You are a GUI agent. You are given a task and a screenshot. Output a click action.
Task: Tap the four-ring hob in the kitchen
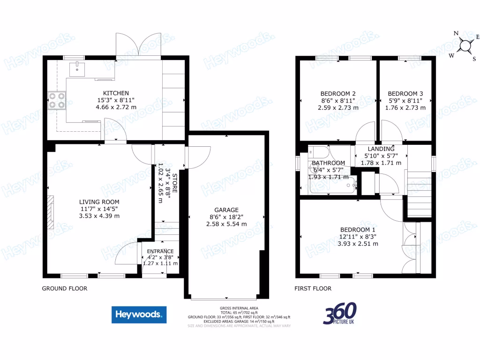[x=57, y=101]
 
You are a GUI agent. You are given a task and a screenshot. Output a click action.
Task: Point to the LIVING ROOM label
[x=99, y=202]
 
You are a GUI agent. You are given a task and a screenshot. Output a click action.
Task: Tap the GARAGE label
[x=226, y=210]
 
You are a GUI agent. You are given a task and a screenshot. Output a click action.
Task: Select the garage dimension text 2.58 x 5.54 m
[x=226, y=225]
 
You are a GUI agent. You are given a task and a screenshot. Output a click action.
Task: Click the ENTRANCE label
[x=160, y=251]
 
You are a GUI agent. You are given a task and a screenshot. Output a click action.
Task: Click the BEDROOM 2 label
[x=338, y=93]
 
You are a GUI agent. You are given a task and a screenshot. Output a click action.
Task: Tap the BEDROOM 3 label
[x=405, y=93]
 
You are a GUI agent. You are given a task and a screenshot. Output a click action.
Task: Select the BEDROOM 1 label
[x=358, y=229]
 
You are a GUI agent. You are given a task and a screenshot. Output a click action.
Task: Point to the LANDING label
[x=381, y=149]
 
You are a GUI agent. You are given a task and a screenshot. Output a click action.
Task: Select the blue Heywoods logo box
[x=139, y=315]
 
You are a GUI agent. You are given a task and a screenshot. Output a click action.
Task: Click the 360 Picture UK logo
[x=339, y=314]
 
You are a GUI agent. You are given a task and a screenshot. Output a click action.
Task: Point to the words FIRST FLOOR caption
[x=313, y=289]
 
